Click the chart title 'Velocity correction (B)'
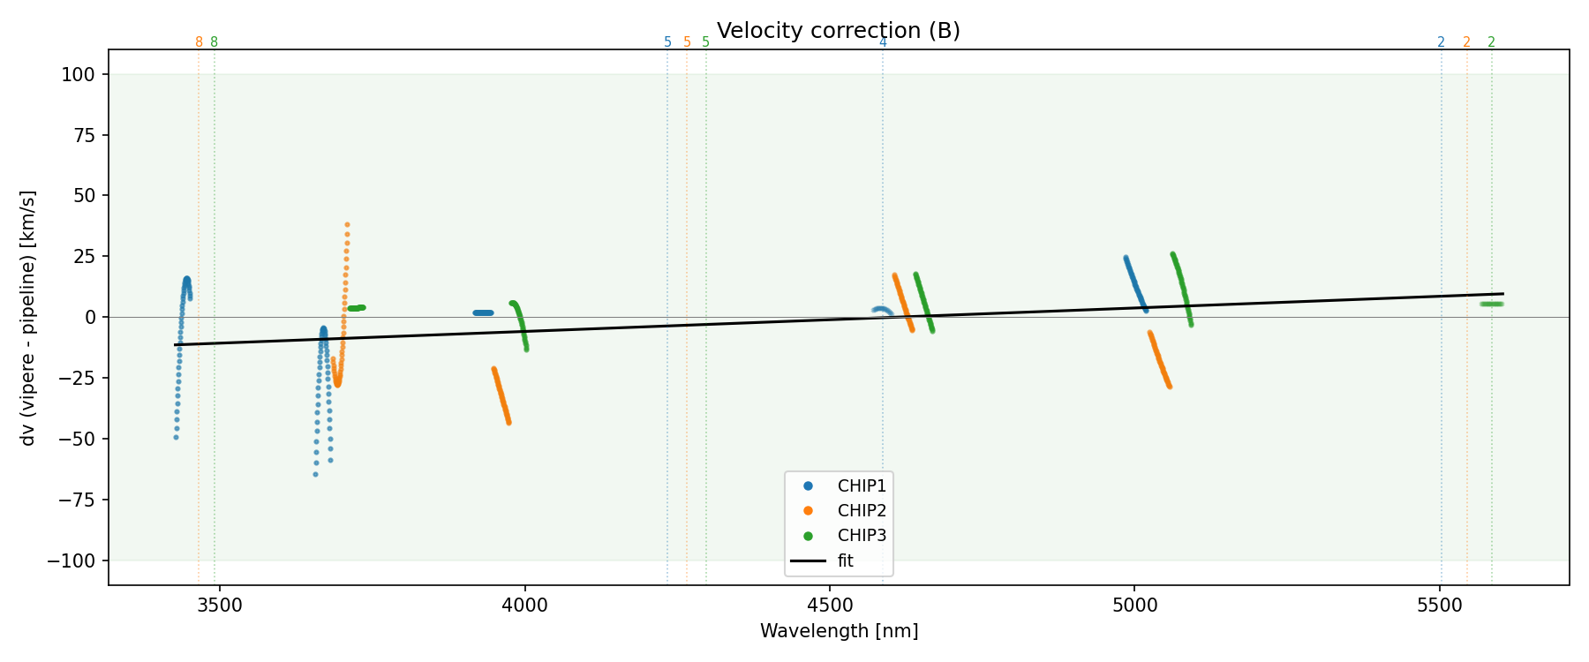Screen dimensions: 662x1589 point(838,31)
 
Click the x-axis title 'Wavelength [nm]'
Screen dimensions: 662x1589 point(839,631)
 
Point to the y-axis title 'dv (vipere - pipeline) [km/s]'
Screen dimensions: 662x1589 point(28,318)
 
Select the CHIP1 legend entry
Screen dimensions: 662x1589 point(861,485)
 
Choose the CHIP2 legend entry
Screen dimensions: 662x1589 point(861,510)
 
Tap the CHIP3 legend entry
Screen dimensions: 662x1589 point(861,535)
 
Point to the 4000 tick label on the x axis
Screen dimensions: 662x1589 point(524,606)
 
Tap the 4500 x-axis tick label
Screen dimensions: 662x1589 point(830,606)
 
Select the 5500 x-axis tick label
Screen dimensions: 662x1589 point(1440,606)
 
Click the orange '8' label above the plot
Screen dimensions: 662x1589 point(199,42)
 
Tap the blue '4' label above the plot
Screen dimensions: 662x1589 point(883,42)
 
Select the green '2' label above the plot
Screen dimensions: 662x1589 point(1491,42)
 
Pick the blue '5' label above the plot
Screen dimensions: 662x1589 point(667,42)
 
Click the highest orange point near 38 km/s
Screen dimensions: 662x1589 point(347,225)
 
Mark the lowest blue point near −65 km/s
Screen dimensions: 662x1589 point(315,475)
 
